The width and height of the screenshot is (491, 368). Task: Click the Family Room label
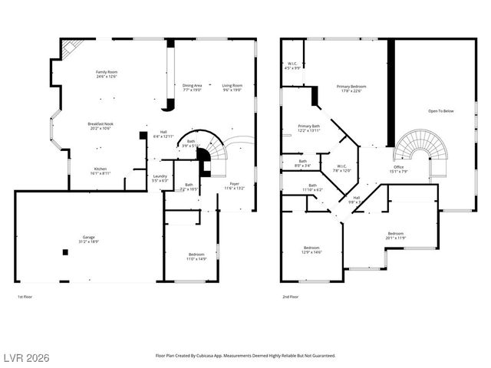(107, 74)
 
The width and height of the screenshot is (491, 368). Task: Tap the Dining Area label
(192, 87)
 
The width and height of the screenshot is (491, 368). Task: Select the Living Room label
(232, 87)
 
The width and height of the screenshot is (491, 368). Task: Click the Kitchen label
(101, 171)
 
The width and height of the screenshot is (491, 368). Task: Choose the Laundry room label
(160, 179)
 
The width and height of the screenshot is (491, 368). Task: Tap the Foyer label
(234, 186)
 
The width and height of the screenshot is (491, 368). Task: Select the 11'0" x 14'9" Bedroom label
(197, 257)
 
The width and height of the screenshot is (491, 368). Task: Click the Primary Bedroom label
(351, 89)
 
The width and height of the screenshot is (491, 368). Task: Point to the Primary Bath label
(309, 128)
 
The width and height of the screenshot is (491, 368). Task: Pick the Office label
(399, 169)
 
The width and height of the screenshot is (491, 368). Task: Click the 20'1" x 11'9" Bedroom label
(395, 235)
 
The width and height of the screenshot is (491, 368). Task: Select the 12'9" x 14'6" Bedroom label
(311, 250)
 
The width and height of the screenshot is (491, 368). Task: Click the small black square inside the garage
(63, 253)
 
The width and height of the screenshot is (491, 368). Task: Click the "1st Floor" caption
(25, 297)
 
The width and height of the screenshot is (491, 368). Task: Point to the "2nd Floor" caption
(289, 297)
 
